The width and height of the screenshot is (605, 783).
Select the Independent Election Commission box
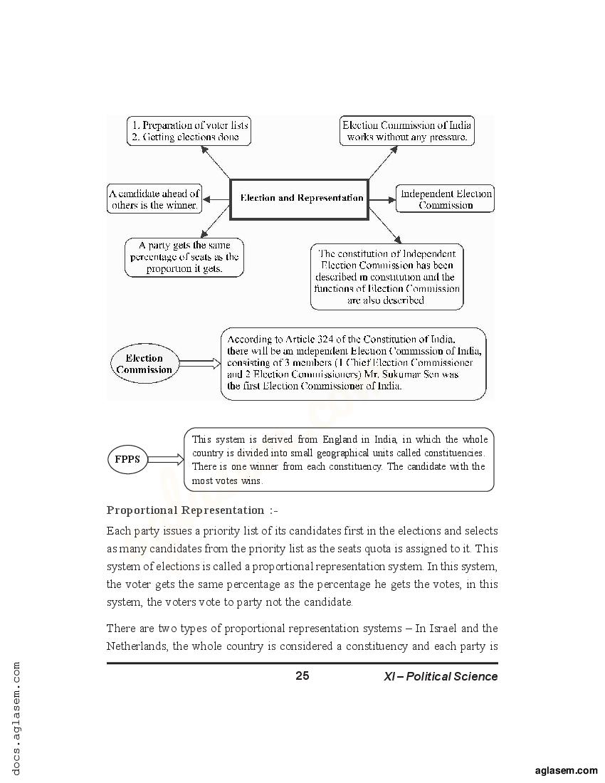446,199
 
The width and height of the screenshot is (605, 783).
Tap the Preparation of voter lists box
189,131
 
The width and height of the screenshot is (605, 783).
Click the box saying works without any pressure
406,131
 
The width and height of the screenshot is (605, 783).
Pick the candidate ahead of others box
154,199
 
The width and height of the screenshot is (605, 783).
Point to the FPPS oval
127,459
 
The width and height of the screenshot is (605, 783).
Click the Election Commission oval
144,364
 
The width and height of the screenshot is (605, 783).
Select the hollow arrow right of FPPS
165,459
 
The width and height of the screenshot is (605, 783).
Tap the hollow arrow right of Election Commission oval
197,364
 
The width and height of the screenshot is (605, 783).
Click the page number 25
302,676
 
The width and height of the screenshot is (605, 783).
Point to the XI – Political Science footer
441,677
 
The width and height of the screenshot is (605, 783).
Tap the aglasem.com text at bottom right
566,770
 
